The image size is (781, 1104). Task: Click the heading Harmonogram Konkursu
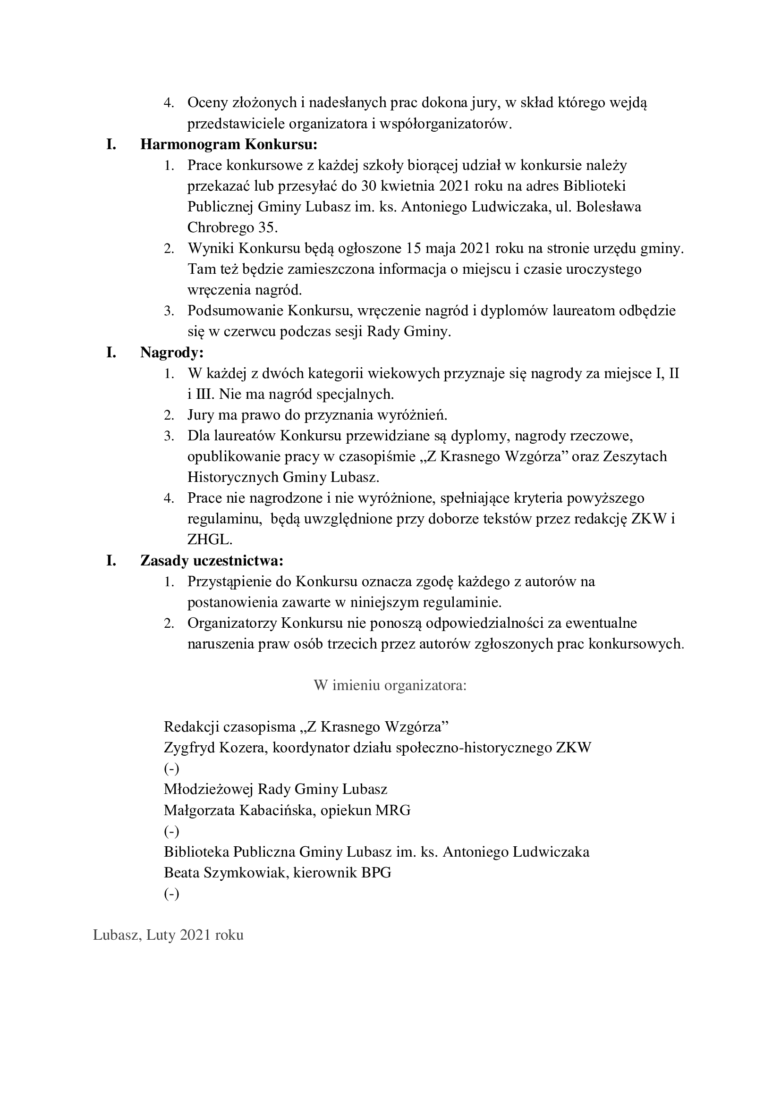click(229, 144)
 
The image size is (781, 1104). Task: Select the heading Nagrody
click(172, 353)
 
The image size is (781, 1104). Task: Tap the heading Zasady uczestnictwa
click(212, 561)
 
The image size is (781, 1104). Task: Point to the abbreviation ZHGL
click(210, 539)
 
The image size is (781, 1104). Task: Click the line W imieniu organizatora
click(390, 685)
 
